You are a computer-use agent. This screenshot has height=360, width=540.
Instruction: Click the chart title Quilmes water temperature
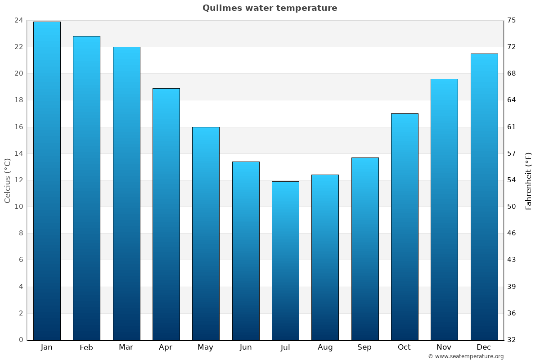coord(270,8)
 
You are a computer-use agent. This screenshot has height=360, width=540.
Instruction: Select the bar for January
coord(47,180)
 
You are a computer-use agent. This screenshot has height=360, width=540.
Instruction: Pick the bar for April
coord(166,214)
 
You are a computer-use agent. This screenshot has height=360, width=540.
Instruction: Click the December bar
coord(484,197)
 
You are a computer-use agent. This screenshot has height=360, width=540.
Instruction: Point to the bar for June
coord(246,250)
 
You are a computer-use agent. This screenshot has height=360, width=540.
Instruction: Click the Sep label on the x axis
coord(364,347)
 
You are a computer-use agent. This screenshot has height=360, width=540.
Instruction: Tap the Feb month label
coord(86,347)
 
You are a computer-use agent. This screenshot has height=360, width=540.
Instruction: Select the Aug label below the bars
coord(325,347)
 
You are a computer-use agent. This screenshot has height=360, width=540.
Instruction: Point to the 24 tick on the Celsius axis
coord(18,20)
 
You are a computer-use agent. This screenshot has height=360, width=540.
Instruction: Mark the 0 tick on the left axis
coord(21,340)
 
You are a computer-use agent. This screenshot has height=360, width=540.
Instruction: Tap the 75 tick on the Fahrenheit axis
coord(512,20)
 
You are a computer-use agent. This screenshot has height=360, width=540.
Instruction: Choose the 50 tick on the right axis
coord(512,207)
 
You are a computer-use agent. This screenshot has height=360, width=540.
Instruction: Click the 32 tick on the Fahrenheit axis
coord(512,340)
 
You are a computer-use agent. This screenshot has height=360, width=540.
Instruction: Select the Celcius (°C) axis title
coord(7,180)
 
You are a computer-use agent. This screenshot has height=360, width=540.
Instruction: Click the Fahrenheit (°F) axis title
coord(529,180)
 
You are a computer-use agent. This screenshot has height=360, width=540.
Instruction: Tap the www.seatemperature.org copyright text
coord(466,356)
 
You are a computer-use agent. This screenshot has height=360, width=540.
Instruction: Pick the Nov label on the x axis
coord(444,347)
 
